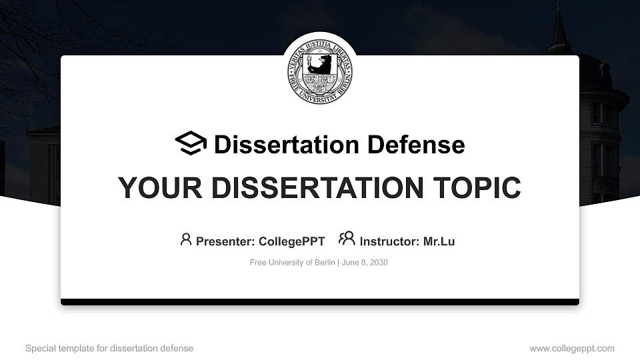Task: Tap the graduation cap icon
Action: point(191,143)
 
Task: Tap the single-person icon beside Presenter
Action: point(186,239)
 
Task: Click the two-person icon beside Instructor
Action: point(347,239)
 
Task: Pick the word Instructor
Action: point(388,241)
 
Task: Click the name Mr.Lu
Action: point(439,241)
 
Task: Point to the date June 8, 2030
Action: point(366,263)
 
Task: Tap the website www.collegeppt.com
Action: point(572,348)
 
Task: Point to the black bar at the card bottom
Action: point(320,302)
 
